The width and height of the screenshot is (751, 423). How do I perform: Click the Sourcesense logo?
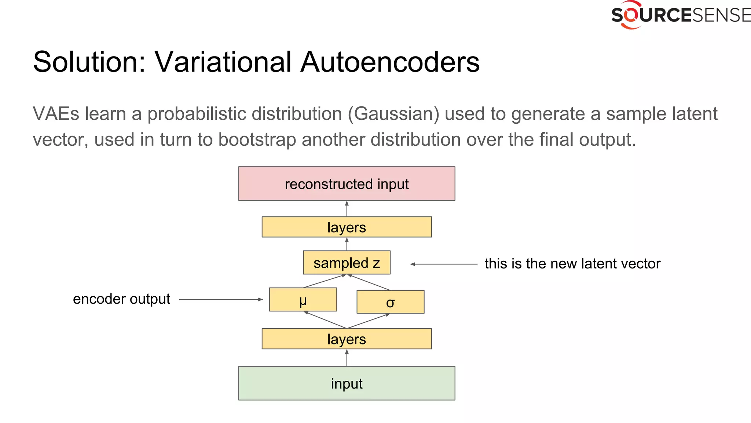(680, 15)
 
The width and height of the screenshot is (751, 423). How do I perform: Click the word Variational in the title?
(223, 62)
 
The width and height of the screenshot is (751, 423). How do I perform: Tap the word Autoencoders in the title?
(390, 62)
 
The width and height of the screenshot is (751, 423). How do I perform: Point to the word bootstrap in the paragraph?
(257, 140)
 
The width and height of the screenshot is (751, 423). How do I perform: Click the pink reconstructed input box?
(347, 184)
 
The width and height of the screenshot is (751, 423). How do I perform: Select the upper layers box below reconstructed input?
(347, 227)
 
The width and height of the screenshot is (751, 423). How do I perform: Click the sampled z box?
(347, 263)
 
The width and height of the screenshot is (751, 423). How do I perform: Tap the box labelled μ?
(303, 300)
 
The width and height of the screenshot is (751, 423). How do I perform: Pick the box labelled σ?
(390, 302)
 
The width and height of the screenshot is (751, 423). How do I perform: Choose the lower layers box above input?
(347, 339)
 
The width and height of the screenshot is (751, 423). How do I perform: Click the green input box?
(347, 383)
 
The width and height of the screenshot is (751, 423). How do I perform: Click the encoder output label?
(121, 299)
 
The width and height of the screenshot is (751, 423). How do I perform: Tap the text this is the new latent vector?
(572, 264)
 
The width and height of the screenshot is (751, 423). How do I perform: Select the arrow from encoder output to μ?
(221, 300)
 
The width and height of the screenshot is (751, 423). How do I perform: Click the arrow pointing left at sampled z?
(444, 264)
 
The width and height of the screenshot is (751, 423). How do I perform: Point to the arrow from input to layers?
(347, 358)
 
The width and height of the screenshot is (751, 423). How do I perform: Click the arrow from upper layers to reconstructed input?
(347, 209)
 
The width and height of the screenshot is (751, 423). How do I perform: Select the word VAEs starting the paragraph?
(56, 114)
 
